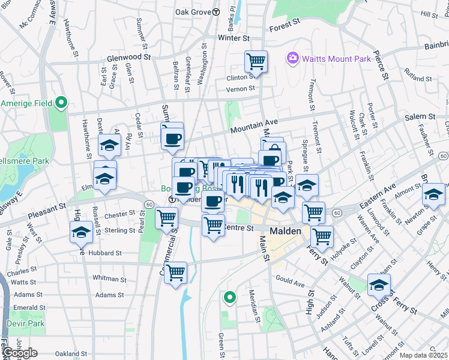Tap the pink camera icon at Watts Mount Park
pos(292,58)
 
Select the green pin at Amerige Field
pos(61,103)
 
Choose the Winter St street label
pos(233,38)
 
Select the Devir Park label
pos(26,323)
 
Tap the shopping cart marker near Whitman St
pos(175,273)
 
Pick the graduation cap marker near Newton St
pos(433,194)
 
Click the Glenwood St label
pos(128,57)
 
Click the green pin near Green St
pos(229,296)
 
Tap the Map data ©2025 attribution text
pos(424,355)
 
